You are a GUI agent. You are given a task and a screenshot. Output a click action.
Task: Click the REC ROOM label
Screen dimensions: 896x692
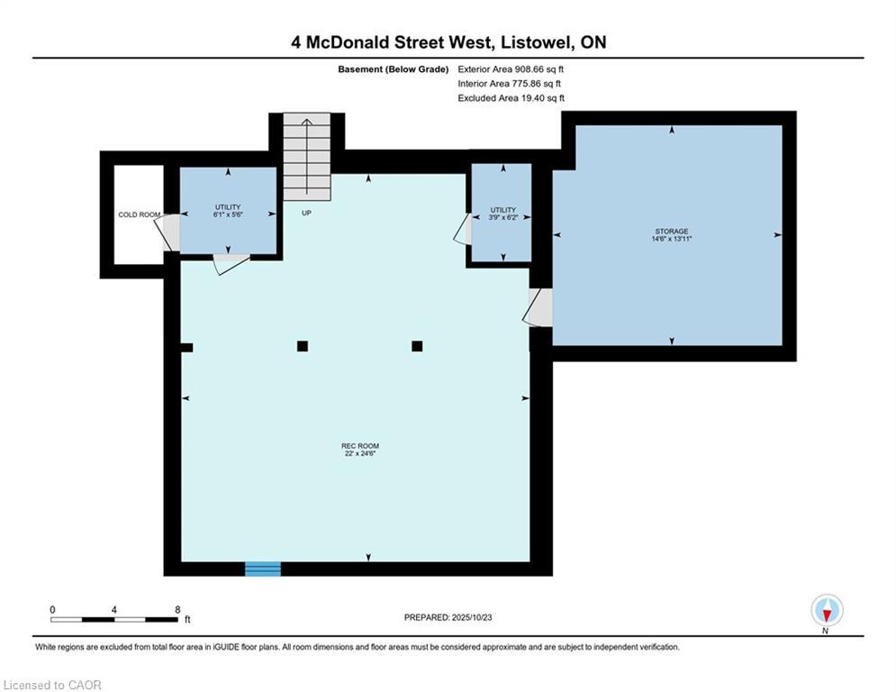coord(360,450)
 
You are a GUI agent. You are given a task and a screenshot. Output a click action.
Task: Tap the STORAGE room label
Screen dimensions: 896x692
coord(672,235)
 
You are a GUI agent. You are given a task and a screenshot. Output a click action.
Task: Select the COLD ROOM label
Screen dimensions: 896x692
coord(140,214)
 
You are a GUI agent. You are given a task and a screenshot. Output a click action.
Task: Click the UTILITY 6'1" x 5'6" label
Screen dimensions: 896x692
coord(228,211)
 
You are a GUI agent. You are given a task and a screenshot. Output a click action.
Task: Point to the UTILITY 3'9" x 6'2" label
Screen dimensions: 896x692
coord(502,214)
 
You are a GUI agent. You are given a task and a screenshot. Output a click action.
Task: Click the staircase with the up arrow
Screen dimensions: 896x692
coord(307,157)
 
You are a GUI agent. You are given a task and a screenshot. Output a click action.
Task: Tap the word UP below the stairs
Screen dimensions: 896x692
coord(306,213)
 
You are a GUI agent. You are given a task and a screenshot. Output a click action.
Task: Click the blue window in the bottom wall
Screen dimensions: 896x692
coord(263,569)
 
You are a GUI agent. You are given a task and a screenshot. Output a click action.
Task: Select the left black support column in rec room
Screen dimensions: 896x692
coord(303,346)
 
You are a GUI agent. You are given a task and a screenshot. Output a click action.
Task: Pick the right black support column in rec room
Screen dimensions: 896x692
coord(417,346)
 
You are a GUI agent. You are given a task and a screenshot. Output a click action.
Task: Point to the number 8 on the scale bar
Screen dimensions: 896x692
coord(177,610)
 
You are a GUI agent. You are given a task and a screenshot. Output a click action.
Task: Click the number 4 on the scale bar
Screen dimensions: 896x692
coord(113,610)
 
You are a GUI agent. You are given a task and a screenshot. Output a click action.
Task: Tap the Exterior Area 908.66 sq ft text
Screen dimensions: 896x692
coord(511,69)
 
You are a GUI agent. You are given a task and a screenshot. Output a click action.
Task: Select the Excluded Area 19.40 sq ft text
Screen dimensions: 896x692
coord(511,98)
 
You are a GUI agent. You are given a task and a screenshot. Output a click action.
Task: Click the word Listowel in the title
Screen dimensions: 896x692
coord(536,42)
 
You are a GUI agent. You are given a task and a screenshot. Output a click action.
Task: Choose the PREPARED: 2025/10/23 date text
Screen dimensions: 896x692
coord(448,617)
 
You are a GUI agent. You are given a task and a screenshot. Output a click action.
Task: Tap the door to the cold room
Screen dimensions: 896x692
coord(167,232)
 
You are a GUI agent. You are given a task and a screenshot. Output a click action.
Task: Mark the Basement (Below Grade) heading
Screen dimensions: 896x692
coord(394,69)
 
